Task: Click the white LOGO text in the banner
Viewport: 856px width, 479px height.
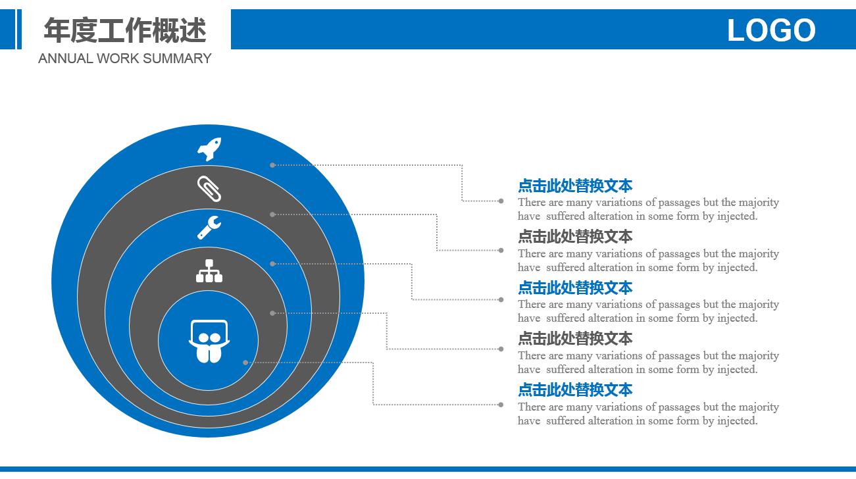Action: (771, 30)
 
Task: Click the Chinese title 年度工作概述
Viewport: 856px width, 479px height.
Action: (125, 30)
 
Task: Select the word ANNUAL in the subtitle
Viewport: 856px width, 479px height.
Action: (65, 59)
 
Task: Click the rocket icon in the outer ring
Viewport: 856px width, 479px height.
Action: (209, 149)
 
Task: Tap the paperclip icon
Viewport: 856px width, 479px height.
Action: (209, 188)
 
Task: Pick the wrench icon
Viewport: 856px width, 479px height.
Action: (209, 228)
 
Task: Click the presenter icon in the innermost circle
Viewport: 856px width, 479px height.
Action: (209, 341)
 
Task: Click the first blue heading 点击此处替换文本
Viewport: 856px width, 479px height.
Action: (575, 186)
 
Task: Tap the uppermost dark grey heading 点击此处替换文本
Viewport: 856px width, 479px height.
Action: (575, 237)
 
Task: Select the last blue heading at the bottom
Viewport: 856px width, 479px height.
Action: (575, 390)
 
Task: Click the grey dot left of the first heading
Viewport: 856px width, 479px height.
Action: (501, 201)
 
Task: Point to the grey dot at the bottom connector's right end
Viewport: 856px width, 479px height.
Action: (501, 405)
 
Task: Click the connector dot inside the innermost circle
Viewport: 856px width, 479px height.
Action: (245, 363)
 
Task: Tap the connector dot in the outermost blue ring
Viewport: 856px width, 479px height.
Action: (272, 165)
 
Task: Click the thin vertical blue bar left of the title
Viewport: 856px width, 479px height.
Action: (20, 30)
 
